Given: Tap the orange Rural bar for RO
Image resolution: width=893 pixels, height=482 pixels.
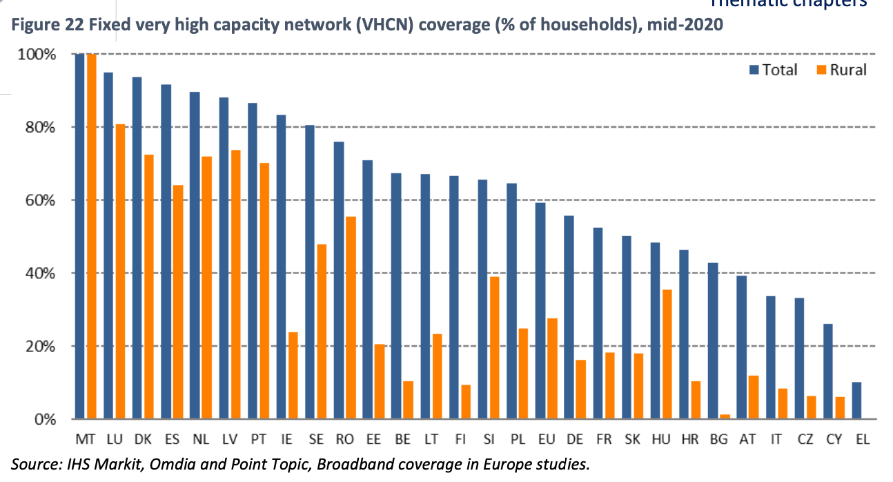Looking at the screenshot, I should [x=350, y=318].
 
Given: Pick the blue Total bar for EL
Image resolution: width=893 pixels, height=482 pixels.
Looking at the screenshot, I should [x=856, y=401].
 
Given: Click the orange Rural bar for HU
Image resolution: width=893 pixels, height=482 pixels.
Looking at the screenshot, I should [x=666, y=354].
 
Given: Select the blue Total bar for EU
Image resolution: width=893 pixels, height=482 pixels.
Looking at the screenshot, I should [x=540, y=311].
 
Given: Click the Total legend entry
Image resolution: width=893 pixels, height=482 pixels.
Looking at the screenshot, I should [x=772, y=70].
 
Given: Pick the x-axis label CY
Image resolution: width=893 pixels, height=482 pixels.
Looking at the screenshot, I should [x=833, y=439].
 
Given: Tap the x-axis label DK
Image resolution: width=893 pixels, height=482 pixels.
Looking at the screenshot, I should [x=143, y=439].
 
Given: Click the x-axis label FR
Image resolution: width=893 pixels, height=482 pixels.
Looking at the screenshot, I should [x=603, y=439].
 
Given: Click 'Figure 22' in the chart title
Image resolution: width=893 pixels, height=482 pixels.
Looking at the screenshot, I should [x=41, y=26].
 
